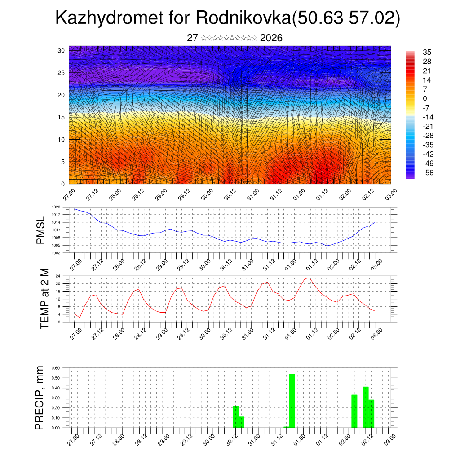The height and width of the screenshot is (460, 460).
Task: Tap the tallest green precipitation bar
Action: pos(292,400)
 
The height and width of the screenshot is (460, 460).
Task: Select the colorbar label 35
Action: pos(427,53)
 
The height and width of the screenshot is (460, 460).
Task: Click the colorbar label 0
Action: pos(425,98)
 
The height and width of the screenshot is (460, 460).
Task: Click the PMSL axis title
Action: pos(40,230)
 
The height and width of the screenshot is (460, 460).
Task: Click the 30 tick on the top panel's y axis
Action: pos(61,50)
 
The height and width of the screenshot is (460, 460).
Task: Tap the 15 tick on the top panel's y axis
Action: pos(61,117)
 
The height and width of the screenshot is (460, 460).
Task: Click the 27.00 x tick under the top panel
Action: pos(68,195)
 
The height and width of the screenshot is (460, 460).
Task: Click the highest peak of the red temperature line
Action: pos(305,278)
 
